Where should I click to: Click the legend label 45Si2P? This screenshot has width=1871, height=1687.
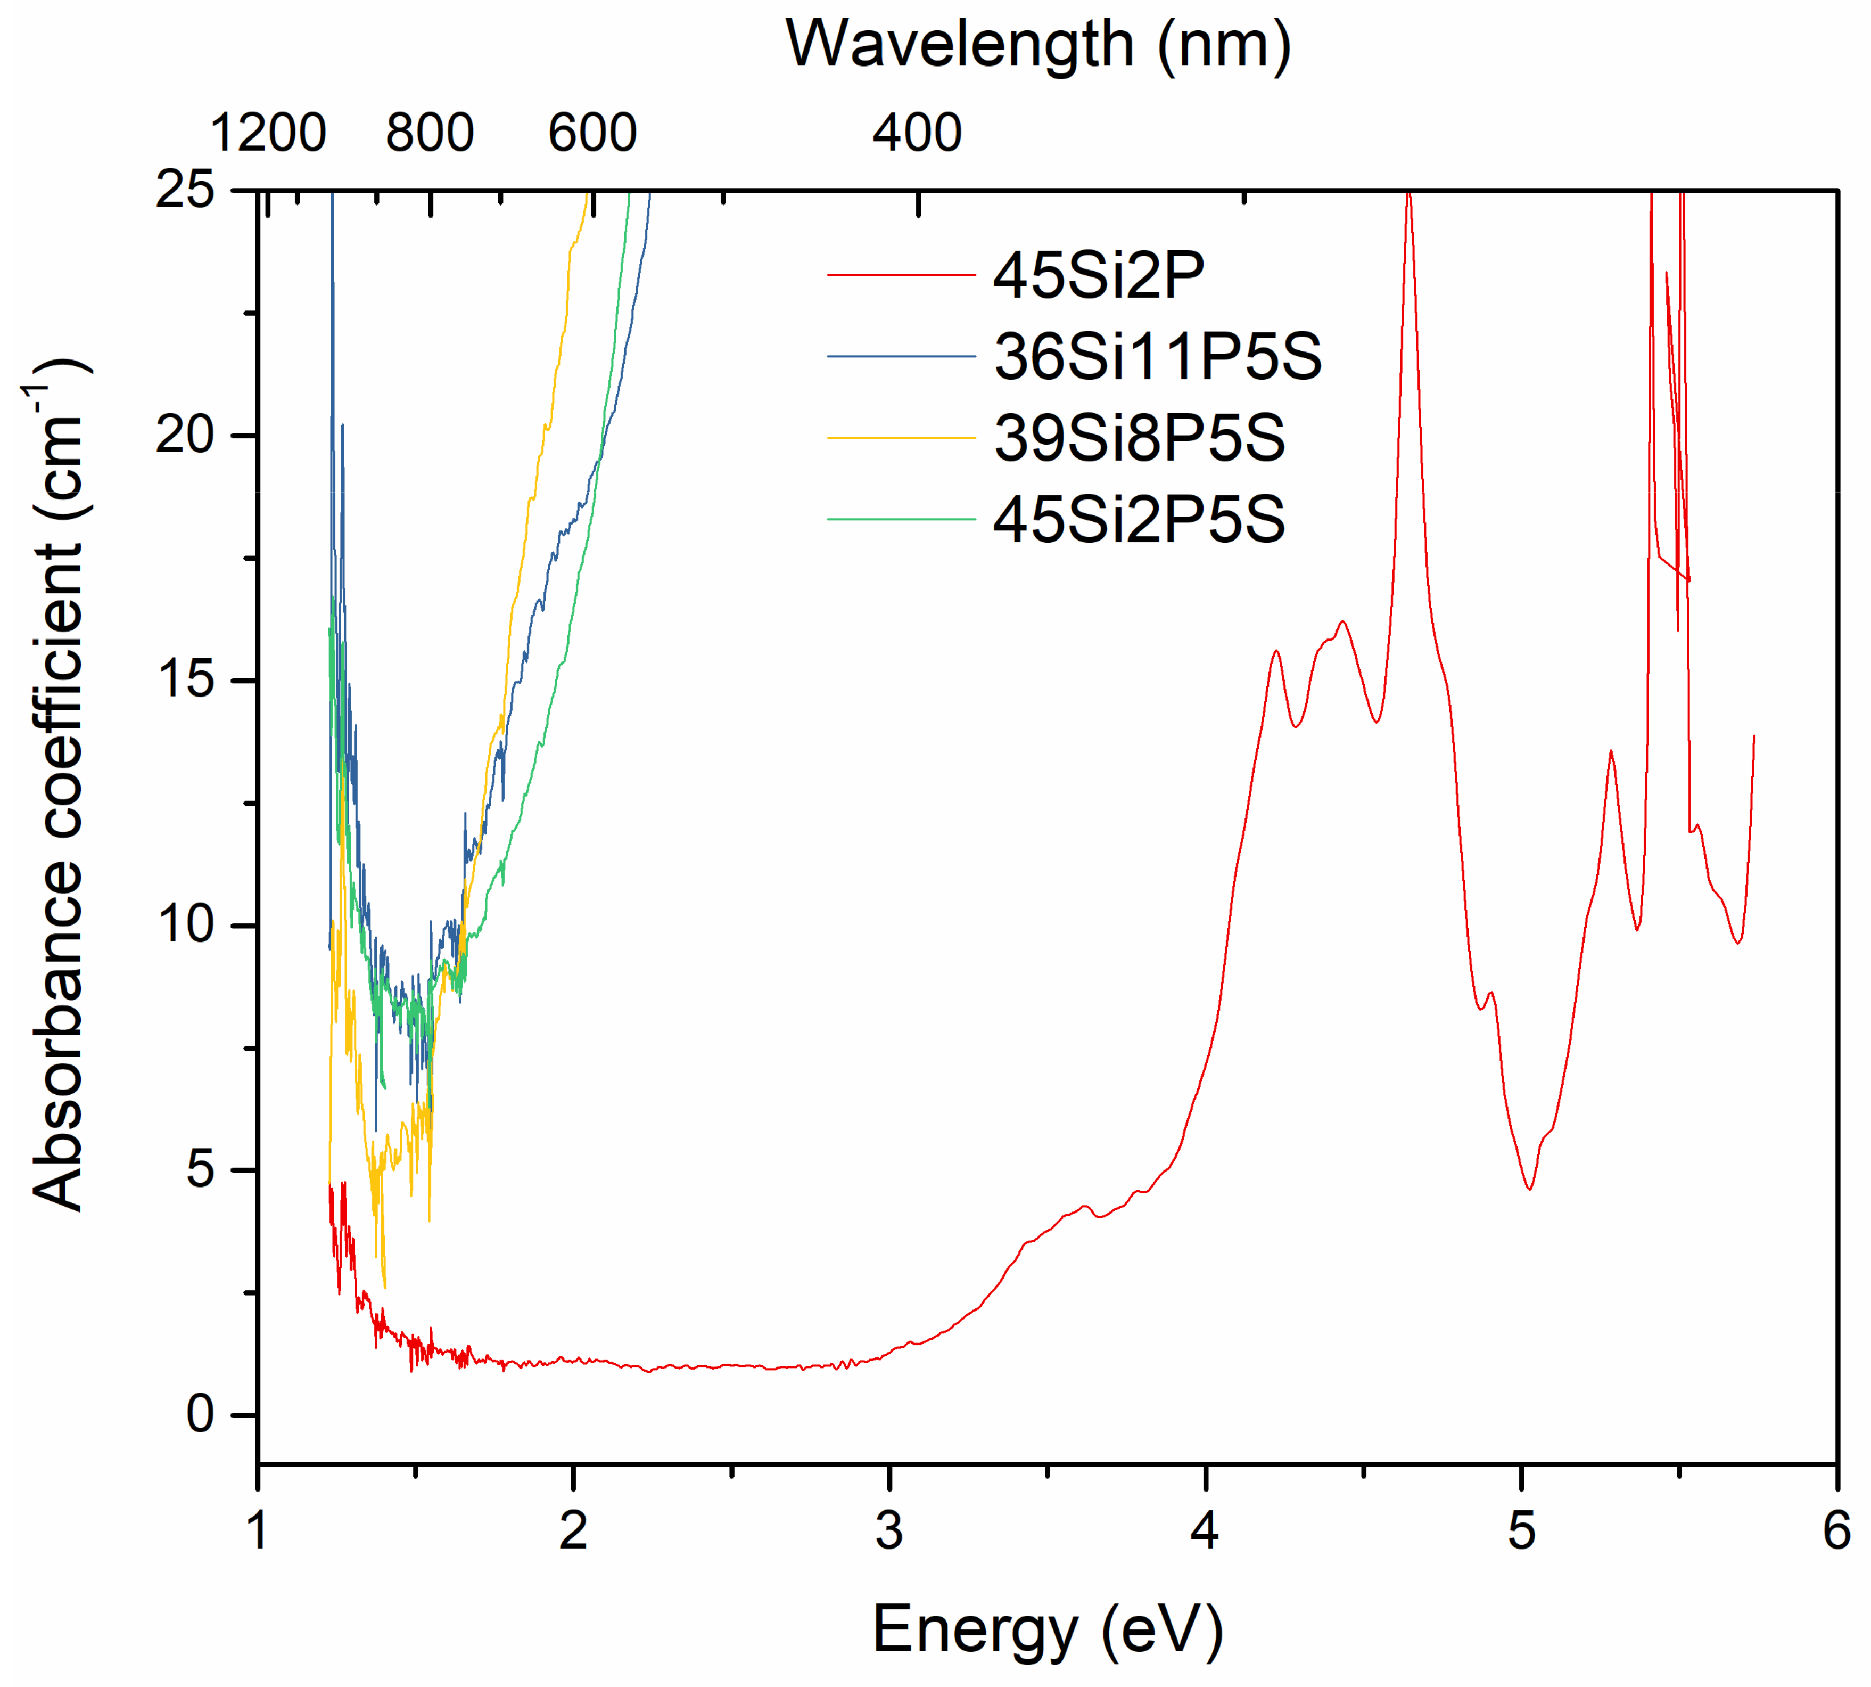point(1098,275)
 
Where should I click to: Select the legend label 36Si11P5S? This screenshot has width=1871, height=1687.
point(1157,357)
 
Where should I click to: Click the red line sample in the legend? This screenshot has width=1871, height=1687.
point(901,275)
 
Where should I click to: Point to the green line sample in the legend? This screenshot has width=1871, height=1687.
point(901,519)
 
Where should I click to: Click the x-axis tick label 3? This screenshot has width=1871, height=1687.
point(889,1529)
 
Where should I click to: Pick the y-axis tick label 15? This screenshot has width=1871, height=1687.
point(185,679)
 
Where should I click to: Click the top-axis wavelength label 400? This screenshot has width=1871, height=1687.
point(917,133)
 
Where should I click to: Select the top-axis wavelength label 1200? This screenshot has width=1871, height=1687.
point(268,133)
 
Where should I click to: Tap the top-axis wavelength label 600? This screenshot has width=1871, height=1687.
point(592,133)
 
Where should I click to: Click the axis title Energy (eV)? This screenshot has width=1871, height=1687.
point(1047,1629)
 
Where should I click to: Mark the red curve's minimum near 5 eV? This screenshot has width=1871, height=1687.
point(1529,1189)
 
